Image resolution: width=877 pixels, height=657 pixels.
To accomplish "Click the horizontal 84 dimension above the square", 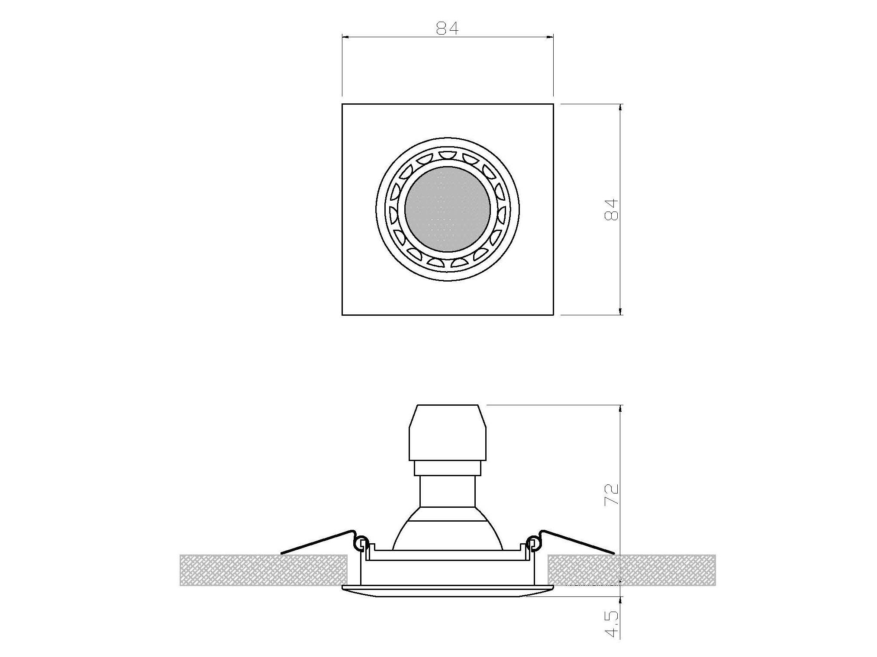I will point(447,29).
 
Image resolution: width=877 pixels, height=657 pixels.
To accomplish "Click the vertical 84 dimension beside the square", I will point(611,210).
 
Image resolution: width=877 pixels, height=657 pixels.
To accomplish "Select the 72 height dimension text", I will point(611,494).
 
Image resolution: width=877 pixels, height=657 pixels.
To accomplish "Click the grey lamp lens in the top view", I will point(448,209).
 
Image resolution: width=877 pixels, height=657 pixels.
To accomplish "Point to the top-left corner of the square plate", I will point(342,104).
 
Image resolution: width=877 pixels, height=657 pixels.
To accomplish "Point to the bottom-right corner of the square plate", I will point(553,314).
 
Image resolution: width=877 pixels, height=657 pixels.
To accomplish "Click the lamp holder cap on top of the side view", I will point(448,433).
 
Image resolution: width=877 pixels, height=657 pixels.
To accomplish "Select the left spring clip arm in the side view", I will point(316,541).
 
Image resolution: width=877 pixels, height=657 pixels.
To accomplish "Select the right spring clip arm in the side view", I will point(578,541).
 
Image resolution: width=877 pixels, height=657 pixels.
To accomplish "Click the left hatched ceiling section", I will point(263,570).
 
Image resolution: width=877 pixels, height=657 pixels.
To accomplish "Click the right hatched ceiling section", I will point(631,570).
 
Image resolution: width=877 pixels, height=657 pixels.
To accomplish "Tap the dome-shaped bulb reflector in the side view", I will point(448,534).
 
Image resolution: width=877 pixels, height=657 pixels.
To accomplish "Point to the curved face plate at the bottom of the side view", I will point(448,591).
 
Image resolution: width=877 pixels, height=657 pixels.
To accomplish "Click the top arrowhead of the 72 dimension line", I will point(621,408).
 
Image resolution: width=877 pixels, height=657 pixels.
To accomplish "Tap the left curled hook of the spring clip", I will point(361,544).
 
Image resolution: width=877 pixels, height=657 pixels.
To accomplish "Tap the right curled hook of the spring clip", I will point(533,544).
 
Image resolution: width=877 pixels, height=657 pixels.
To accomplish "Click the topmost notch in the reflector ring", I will point(448,154).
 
